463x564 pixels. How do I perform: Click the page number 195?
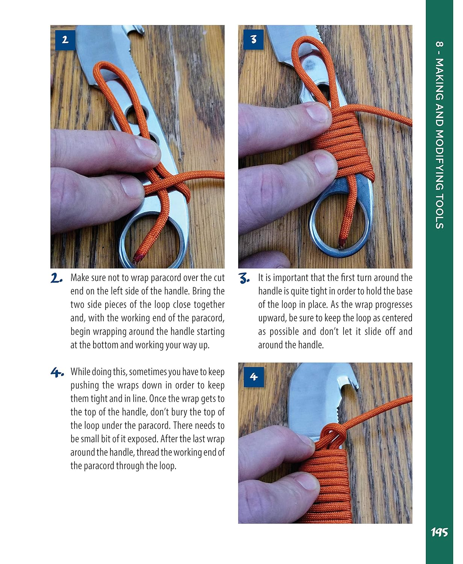click(x=439, y=532)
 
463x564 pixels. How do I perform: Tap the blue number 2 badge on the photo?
click(x=65, y=39)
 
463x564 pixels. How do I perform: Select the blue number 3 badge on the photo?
click(x=253, y=39)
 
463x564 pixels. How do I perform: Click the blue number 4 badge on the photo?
click(x=253, y=376)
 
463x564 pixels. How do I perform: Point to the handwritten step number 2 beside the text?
click(x=57, y=279)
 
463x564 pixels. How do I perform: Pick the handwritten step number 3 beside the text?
click(x=244, y=279)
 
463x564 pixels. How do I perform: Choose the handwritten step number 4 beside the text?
click(x=57, y=373)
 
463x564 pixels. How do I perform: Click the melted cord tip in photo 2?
click(x=138, y=257)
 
